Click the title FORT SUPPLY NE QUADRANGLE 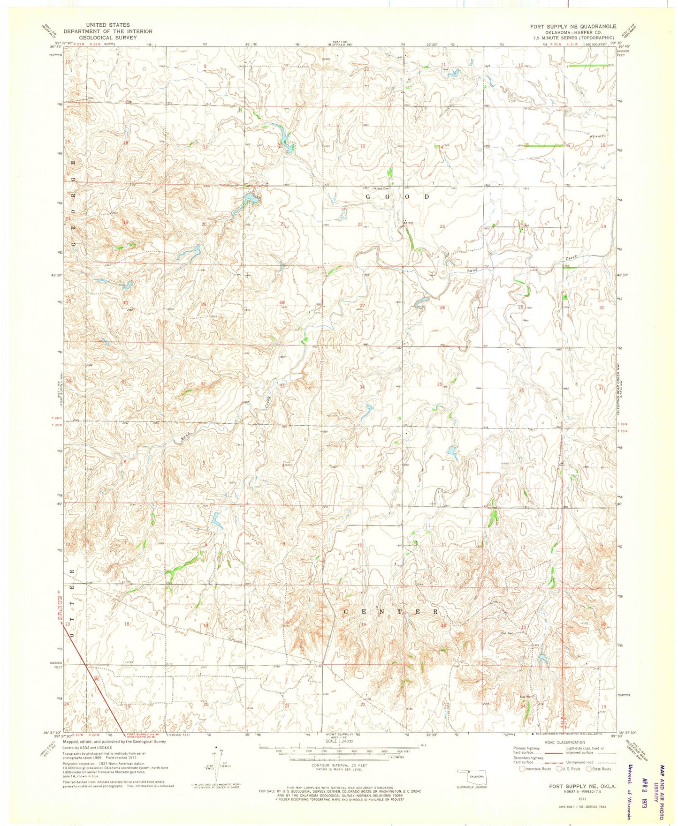tap(573, 26)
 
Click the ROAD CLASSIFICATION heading tap(565, 743)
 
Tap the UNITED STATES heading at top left tap(108, 25)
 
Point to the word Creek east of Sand tap(571, 258)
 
